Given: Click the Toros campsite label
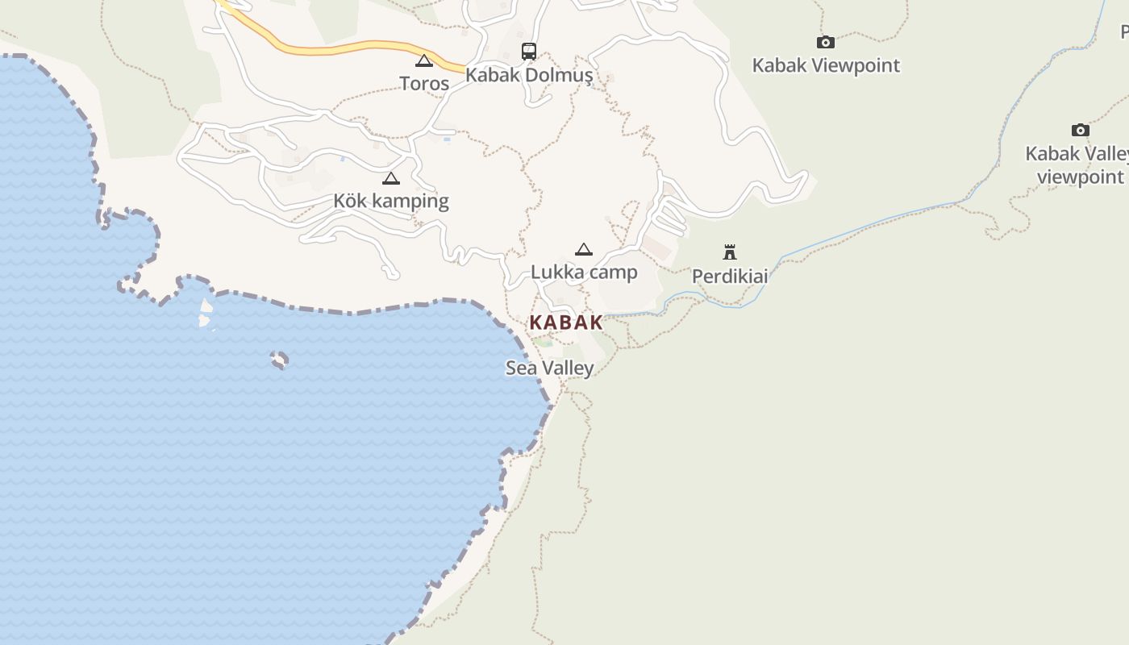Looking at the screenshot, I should (x=424, y=83).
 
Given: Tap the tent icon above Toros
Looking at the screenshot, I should (x=424, y=60).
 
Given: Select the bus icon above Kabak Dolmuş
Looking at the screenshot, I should (x=529, y=52).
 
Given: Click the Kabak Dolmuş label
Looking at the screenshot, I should (x=529, y=76).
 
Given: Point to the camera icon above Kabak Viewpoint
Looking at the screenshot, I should (x=825, y=42).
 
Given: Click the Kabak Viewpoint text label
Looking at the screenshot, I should (x=826, y=65).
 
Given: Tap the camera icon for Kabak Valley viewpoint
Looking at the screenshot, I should (x=1081, y=130).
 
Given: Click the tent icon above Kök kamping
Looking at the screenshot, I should (x=391, y=178).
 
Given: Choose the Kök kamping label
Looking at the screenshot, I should (x=391, y=201).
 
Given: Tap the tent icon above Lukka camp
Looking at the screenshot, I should (x=584, y=249).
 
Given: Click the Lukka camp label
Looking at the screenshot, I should (x=584, y=273).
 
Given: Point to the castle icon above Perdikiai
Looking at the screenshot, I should (x=730, y=252).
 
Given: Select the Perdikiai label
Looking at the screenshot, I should (x=730, y=277).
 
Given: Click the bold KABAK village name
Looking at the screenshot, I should (x=566, y=322).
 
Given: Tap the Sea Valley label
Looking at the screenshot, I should (x=550, y=368).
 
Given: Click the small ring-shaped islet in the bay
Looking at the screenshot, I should (x=279, y=360).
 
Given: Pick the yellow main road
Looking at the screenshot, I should (x=339, y=49).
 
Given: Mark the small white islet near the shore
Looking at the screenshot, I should (x=206, y=314).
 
